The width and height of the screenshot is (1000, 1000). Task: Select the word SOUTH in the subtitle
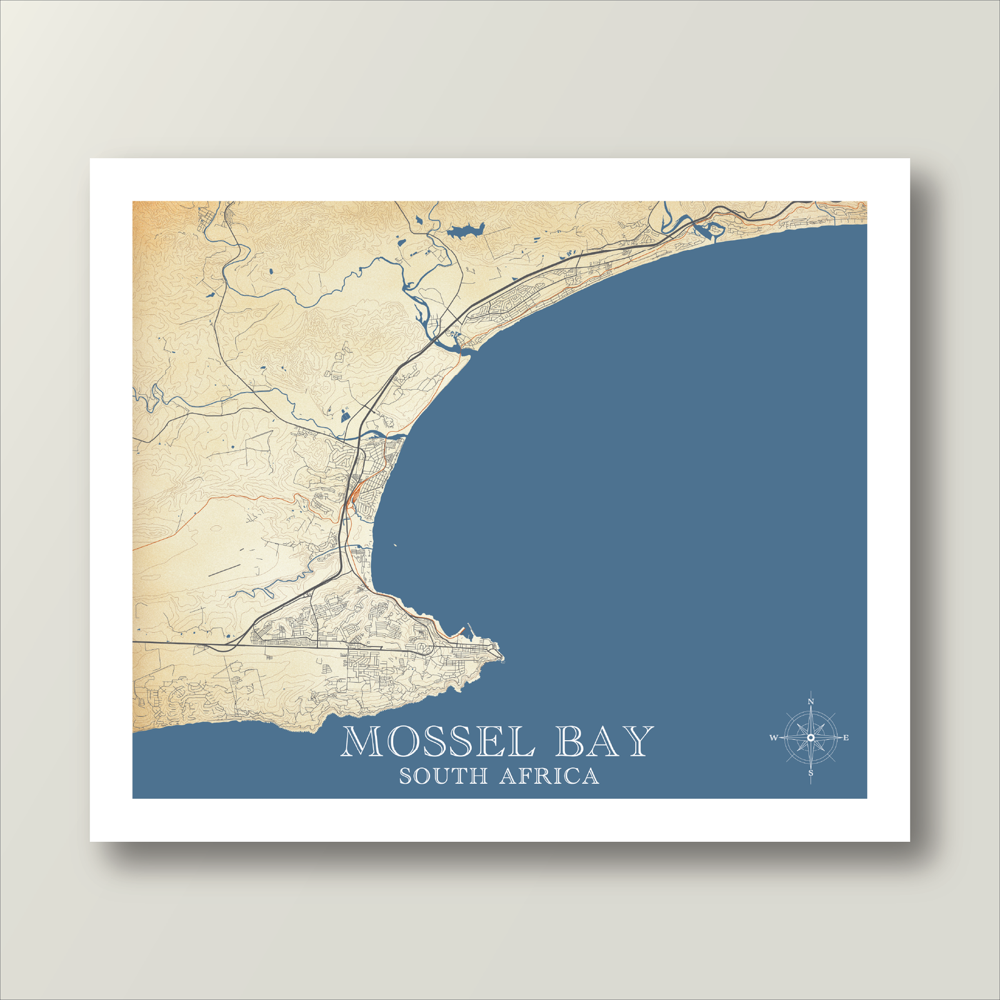(443, 776)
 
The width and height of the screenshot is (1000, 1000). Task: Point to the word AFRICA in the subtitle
(549, 776)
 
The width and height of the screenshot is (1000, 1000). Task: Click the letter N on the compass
(811, 702)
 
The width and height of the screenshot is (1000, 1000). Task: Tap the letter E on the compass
(846, 738)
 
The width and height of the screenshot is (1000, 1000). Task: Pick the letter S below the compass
(811, 774)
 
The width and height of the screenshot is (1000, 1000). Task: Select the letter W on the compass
(774, 738)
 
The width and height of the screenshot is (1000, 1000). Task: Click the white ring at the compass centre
(811, 738)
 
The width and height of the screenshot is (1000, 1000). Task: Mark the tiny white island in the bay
(394, 545)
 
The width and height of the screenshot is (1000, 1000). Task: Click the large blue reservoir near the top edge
(465, 232)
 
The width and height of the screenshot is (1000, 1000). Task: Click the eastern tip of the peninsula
(502, 656)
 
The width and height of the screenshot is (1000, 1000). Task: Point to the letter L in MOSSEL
(522, 742)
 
